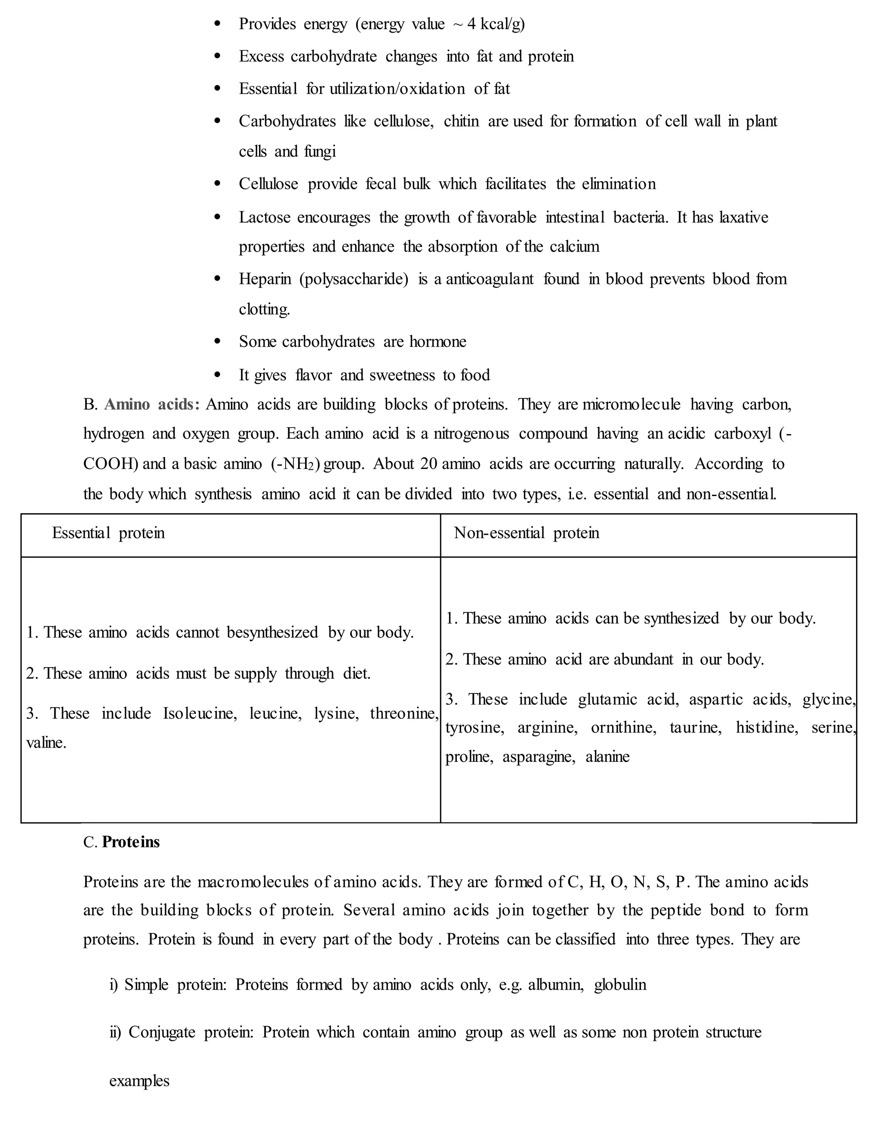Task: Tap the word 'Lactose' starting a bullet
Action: click(264, 217)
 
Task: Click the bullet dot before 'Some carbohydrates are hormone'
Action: click(218, 342)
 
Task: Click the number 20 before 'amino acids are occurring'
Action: click(428, 464)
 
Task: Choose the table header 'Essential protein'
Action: click(108, 533)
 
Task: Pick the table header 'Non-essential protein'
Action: click(526, 533)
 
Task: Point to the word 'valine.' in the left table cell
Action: click(46, 743)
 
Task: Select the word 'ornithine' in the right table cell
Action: click(623, 727)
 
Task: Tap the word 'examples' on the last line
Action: click(139, 1081)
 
